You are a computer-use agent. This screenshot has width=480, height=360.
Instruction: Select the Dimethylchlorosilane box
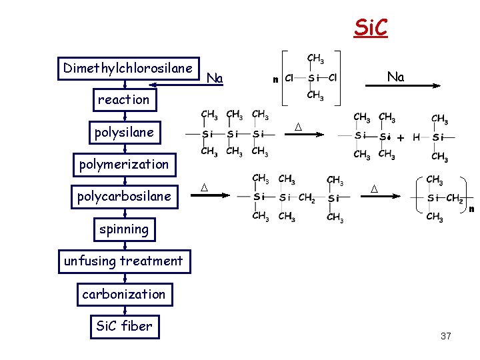coord(128,68)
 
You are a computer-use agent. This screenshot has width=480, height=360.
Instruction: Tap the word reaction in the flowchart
coord(124,99)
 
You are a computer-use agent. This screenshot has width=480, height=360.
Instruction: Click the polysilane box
coord(124,132)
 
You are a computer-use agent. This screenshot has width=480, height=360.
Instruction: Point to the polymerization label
coord(124,164)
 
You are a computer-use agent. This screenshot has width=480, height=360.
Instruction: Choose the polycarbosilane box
coord(124,197)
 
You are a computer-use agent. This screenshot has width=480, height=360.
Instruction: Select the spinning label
coord(124,229)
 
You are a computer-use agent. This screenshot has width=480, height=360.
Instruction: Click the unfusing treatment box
coord(123,261)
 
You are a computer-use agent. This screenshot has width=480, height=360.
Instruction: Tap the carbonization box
coord(124,294)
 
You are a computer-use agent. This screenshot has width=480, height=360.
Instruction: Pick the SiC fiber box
coord(124,326)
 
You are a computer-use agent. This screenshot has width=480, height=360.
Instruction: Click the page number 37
coord(446,336)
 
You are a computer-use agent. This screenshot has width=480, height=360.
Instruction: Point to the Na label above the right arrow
coord(395,77)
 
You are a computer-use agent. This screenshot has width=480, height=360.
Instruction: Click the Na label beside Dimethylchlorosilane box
coord(215,79)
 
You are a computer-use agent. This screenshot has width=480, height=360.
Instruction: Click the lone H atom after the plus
coord(417,137)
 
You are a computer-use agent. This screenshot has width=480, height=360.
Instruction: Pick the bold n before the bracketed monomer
coord(275,79)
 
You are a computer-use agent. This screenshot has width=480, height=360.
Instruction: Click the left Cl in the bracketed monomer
coord(289,78)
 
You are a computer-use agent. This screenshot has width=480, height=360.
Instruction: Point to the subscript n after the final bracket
coord(471,209)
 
